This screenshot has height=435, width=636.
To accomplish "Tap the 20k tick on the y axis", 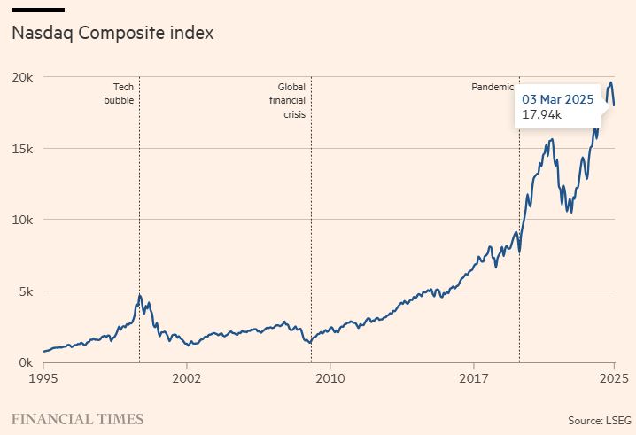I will tap(21, 77).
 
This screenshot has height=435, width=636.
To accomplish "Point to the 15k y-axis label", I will tap(21, 149).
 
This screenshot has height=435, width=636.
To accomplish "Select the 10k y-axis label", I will tap(21, 220).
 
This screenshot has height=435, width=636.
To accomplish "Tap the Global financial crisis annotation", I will tap(291, 101).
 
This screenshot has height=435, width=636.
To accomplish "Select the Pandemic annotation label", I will tap(491, 87).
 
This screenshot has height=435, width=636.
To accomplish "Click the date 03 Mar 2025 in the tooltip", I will tap(557, 99).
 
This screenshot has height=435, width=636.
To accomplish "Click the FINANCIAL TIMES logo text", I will tap(77, 419).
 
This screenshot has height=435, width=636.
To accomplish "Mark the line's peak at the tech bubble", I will tap(140, 295).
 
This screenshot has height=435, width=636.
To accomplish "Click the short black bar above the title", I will tap(37, 10).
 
